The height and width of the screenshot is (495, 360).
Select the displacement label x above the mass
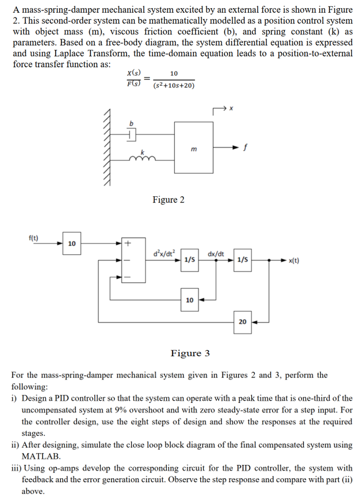coord(231,108)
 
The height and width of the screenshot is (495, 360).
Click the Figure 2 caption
coord(168,200)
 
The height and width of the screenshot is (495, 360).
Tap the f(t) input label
coord(34,237)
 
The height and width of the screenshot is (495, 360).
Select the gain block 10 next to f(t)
coord(71,244)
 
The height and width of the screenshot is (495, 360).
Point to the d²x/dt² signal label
coord(164,252)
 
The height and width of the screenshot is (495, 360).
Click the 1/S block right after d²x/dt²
coord(189,260)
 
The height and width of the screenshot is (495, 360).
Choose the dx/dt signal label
coord(216,253)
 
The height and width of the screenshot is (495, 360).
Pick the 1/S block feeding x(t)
coord(243,260)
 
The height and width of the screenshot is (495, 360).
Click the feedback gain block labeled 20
coord(243,321)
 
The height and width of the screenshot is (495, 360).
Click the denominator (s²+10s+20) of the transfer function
coord(174,86)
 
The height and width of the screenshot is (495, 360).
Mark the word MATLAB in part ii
coord(41,456)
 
